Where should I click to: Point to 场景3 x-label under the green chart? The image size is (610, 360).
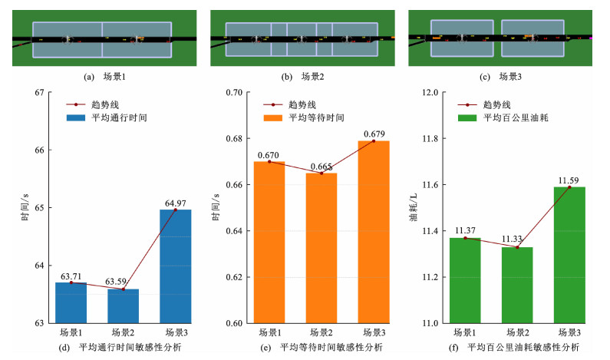tap(569, 332)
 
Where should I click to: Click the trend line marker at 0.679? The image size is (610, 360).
tap(374, 141)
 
